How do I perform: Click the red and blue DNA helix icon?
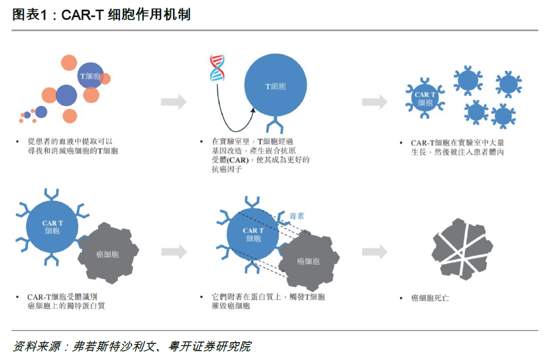(x=217, y=68)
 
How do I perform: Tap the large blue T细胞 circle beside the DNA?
(x=275, y=85)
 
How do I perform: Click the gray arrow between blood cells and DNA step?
(x=173, y=102)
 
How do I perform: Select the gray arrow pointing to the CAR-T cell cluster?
(x=375, y=102)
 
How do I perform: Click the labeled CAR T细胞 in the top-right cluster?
(x=425, y=99)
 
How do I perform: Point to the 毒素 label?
(x=297, y=216)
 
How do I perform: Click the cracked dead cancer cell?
(x=462, y=249)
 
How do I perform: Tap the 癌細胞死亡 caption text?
(x=430, y=298)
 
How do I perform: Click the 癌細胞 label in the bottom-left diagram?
(x=108, y=254)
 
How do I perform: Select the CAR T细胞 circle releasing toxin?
(x=253, y=234)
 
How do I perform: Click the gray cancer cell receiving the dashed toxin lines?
(x=308, y=261)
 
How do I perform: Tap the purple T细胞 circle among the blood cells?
(x=90, y=76)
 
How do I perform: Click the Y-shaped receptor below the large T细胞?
(x=275, y=124)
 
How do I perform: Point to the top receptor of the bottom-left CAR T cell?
(x=51, y=195)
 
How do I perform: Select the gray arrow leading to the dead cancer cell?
(x=375, y=251)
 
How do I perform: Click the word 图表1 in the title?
(x=29, y=14)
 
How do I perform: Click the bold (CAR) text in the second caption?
(x=238, y=160)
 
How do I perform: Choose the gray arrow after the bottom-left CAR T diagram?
(x=173, y=251)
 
